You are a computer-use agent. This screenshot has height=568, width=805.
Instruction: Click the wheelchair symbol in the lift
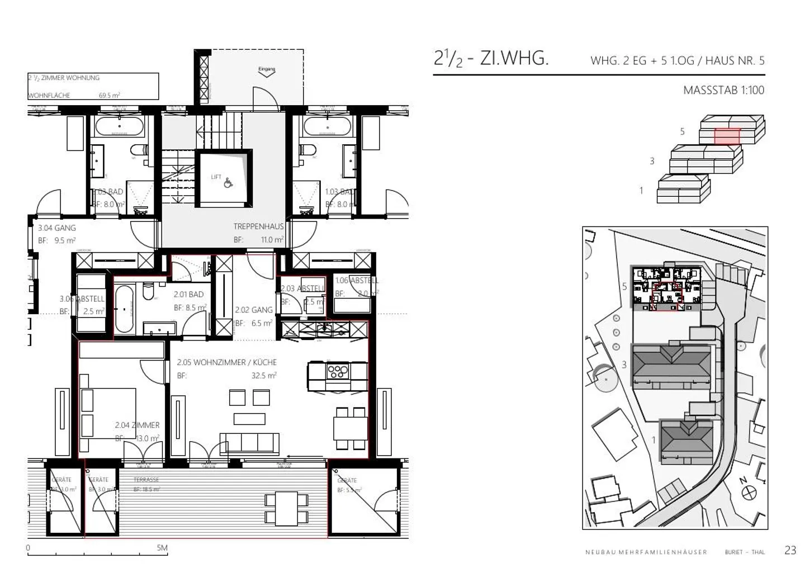point(228,182)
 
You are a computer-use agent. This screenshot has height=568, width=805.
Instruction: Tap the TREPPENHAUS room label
point(258,226)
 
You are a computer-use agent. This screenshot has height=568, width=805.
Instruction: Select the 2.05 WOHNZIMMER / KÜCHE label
point(226,362)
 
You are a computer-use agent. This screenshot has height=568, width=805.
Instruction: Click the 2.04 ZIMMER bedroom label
point(137,425)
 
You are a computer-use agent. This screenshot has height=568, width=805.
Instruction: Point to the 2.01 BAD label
point(188,294)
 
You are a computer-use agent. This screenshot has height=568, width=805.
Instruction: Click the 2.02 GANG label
point(254,310)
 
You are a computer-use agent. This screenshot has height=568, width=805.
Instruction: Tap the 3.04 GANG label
point(57,228)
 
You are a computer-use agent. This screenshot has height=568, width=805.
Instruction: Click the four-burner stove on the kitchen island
point(338,372)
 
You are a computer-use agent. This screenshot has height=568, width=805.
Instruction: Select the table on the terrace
point(286,508)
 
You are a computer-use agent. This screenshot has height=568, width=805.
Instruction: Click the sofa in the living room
point(249,442)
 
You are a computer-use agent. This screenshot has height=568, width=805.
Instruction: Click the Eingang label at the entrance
point(267,70)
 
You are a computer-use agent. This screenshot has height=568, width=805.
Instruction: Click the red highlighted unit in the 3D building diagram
point(727,135)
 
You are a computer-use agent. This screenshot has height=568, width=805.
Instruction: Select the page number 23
point(790,550)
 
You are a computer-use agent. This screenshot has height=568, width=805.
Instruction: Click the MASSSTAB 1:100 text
point(723,90)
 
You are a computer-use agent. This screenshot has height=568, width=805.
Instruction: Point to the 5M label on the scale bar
point(162,548)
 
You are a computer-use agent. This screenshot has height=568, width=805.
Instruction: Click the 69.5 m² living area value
point(109,96)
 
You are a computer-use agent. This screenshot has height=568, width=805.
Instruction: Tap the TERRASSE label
point(146,480)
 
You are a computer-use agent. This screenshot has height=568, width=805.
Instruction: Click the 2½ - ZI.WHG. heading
point(491,58)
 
